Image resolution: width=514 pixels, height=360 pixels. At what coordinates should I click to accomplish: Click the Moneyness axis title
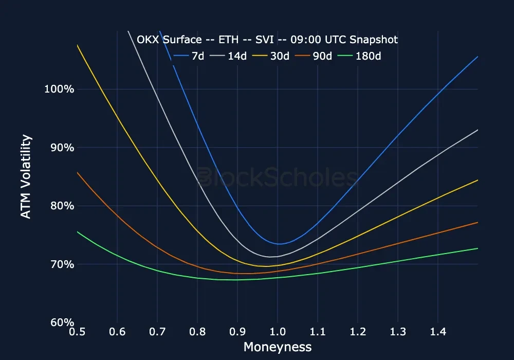click(x=278, y=347)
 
